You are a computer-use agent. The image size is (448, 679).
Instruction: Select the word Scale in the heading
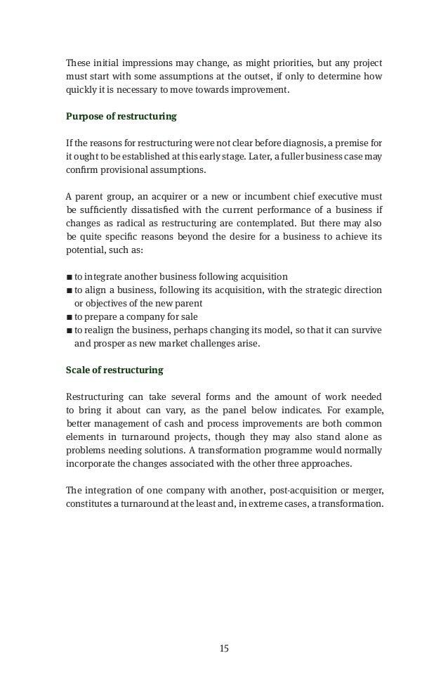pos(77,369)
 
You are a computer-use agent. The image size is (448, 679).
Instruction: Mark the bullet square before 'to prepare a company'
pos(68,316)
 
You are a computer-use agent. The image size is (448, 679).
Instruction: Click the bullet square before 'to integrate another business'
pos(68,275)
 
